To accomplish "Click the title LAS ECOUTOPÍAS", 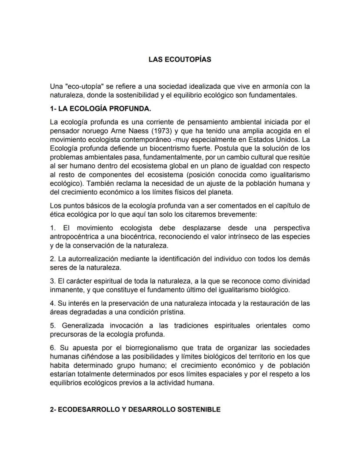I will pos(180,59).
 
